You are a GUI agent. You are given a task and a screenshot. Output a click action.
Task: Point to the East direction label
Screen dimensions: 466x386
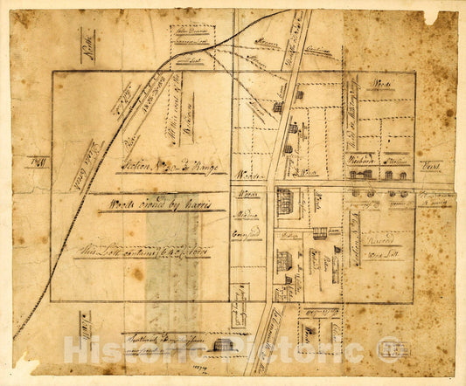click(430, 163)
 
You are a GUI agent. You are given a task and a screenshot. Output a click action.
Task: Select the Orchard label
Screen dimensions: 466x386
click(360, 162)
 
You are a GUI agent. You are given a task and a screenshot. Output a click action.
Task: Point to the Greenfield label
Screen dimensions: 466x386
click(249, 235)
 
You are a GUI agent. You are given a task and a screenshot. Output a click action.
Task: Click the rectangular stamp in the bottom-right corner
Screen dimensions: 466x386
click(393, 348)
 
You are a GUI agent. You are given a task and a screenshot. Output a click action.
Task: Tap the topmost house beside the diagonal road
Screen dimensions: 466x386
click(300, 94)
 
